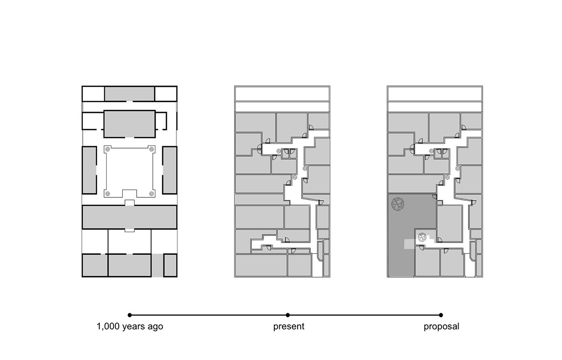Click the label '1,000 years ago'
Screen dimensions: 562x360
pos(130,326)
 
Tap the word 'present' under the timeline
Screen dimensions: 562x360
pos(289,327)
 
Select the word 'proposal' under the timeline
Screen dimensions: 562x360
pos(442,327)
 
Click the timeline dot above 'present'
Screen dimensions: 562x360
pos(288,315)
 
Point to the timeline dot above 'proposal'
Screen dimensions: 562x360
pos(441,315)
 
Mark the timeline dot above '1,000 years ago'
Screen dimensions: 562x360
pos(129,315)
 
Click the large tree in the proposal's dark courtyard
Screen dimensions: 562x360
pos(397,204)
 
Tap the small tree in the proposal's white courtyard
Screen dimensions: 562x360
pos(422,237)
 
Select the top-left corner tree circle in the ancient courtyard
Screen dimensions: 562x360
pos(107,149)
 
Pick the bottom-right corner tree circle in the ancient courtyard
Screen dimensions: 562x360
pos(151,193)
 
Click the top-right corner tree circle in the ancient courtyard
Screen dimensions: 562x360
pos(151,149)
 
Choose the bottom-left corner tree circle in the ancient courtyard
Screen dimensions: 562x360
pos(107,193)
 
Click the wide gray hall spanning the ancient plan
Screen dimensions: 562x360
pos(129,217)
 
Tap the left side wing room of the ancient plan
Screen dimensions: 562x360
pos(89,170)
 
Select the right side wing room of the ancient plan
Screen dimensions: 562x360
pos(170,170)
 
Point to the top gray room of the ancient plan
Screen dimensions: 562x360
pos(129,94)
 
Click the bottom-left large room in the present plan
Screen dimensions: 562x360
pos(261,265)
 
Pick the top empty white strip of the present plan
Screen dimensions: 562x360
pos(282,94)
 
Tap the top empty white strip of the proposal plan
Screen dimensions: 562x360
pos(435,94)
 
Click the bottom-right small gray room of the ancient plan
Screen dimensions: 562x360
pos(170,265)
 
